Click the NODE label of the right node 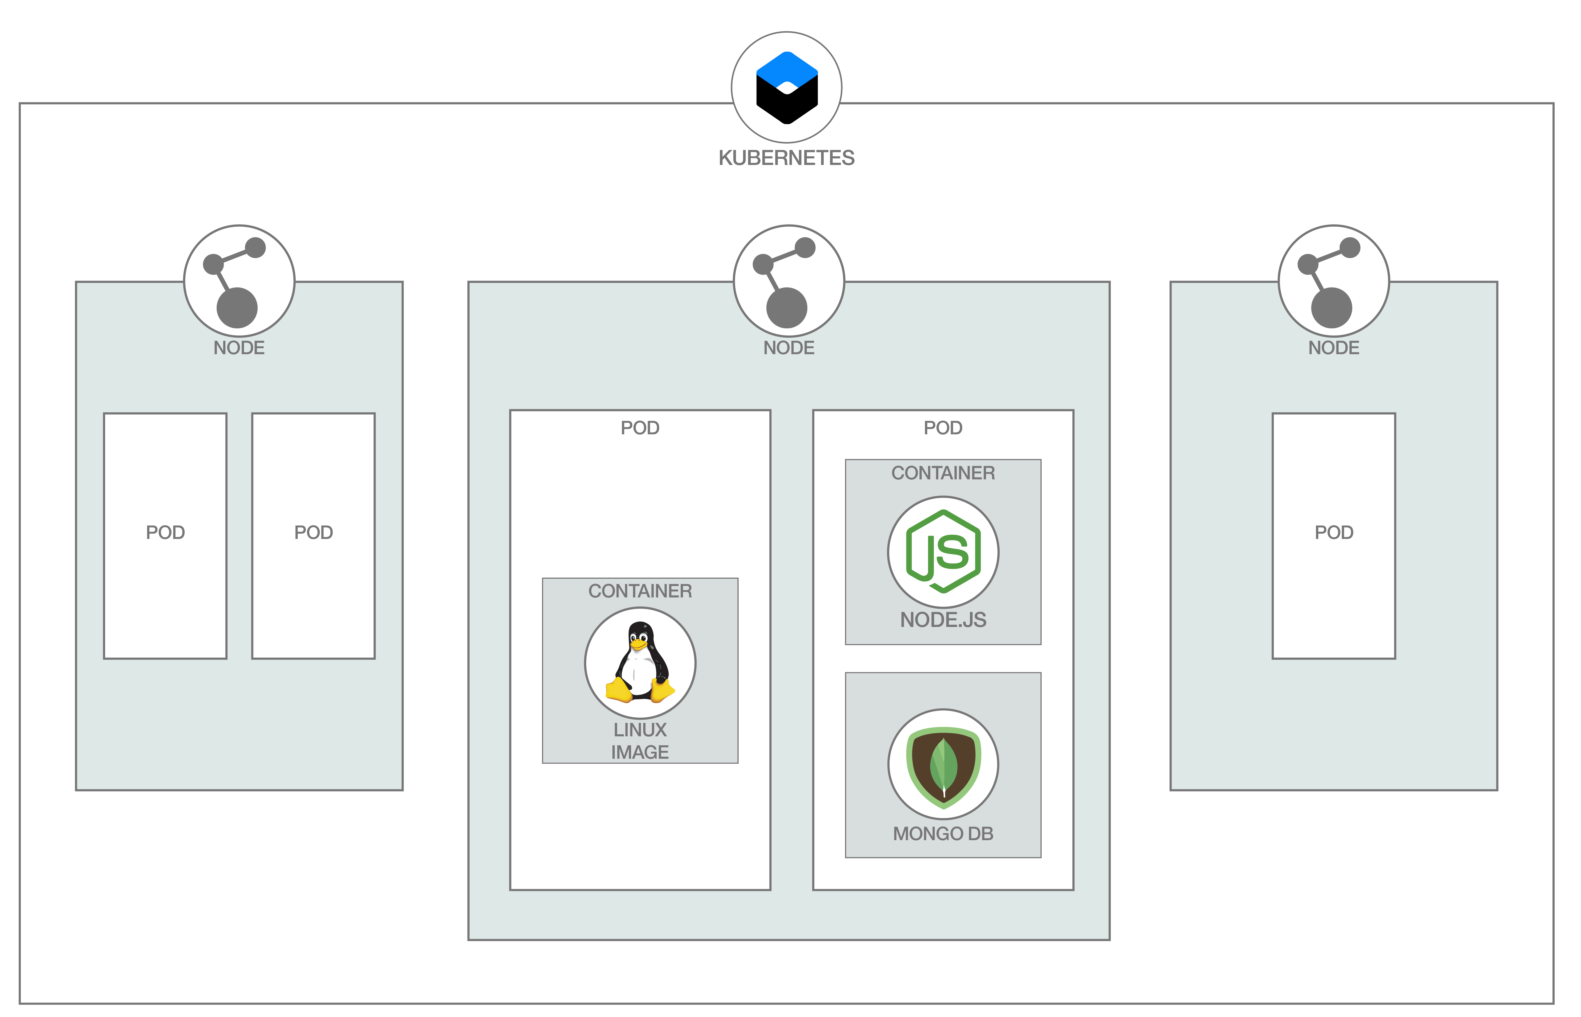(1334, 348)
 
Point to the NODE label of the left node (239, 348)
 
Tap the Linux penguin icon (640, 662)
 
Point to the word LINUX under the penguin (640, 730)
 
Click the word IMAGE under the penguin (640, 752)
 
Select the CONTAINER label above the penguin (640, 591)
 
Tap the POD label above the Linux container (640, 428)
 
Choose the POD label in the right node (1334, 532)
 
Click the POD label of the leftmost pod (165, 532)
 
